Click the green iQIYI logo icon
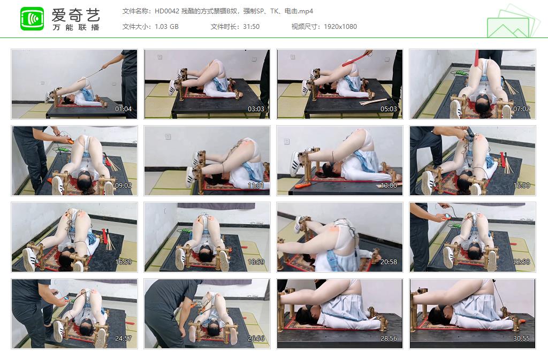[x=32, y=19]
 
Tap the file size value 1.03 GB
[x=166, y=27]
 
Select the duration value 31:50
[x=250, y=27]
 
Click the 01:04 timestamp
[x=123, y=109]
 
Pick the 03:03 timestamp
[x=256, y=109]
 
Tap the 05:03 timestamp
[x=389, y=109]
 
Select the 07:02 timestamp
[x=521, y=109]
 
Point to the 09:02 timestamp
[x=123, y=186]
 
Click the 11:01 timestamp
[x=256, y=186]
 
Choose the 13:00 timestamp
[x=389, y=186]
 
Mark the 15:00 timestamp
[x=521, y=186]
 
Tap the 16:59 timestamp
[x=123, y=262]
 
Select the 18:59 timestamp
[x=256, y=262]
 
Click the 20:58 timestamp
[x=389, y=262]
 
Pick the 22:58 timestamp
[x=521, y=262]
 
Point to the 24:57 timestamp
[x=123, y=339]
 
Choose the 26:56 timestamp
[x=256, y=339]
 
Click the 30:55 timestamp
[x=521, y=339]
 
